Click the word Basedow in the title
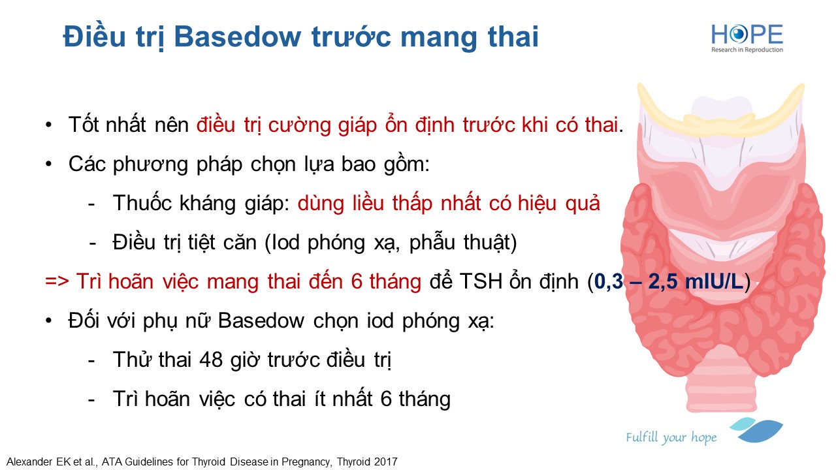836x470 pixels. coord(237,37)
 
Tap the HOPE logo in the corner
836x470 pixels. coord(747,38)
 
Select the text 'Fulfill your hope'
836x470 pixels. coord(671,437)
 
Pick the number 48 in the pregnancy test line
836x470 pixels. coord(211,360)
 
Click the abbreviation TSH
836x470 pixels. coord(481,281)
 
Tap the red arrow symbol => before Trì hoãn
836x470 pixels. coord(57,281)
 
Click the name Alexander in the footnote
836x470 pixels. coord(29,462)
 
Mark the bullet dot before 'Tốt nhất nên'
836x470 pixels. coord(48,125)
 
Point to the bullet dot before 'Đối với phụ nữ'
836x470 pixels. coord(48,321)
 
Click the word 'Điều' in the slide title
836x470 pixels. coord(94,37)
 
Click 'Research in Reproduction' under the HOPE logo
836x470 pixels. coord(747,50)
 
